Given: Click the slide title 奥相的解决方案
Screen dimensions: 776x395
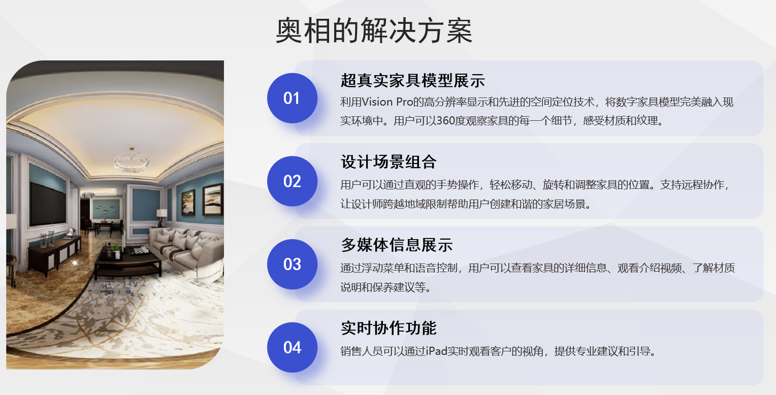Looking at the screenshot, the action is pos(374,31).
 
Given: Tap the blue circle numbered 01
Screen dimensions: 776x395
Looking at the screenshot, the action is pos(292,98).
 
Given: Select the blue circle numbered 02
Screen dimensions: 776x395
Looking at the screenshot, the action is pos(292,181).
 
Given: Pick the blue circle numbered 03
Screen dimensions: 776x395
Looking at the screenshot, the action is pos(292,264).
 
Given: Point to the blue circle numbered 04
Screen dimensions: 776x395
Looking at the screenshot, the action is pos(292,347).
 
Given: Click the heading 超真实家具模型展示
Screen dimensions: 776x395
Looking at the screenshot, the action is pos(412,80).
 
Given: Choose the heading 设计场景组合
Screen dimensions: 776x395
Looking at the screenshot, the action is pos(389,161).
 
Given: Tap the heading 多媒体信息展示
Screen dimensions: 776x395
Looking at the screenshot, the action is pos(397,245).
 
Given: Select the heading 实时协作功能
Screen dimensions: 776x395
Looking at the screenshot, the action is pos(389,328).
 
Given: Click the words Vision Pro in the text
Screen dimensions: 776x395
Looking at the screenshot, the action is pos(387,102).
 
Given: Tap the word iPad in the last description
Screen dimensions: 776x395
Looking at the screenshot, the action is pos(437,351).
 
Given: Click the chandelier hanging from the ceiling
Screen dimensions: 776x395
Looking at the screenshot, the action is pos(132,160).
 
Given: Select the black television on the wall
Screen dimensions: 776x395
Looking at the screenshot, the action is pos(48,204).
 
